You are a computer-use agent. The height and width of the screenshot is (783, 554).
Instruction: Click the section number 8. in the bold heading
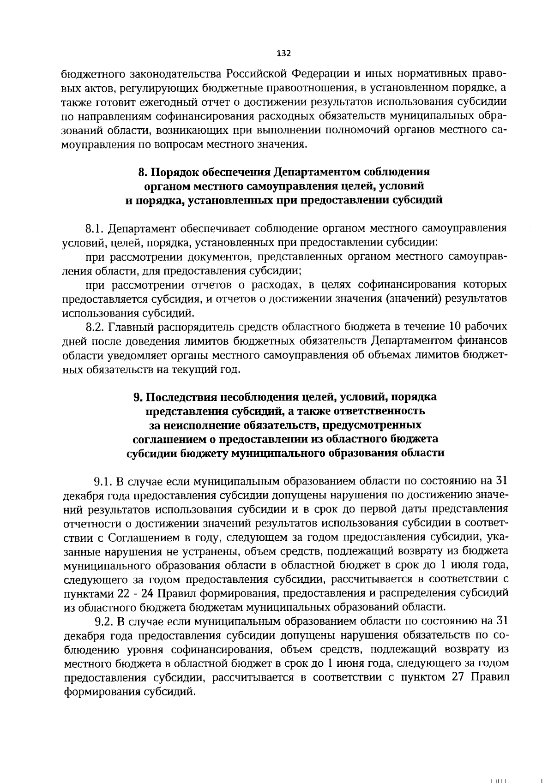[x=142, y=172]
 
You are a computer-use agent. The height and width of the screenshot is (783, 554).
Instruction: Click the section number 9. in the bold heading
[x=137, y=397]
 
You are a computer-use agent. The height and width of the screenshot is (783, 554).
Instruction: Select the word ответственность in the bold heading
[x=387, y=411]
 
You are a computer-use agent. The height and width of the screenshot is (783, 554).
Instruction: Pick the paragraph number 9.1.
[x=103, y=481]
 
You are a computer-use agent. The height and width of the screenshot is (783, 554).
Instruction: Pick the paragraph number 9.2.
[x=103, y=621]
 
